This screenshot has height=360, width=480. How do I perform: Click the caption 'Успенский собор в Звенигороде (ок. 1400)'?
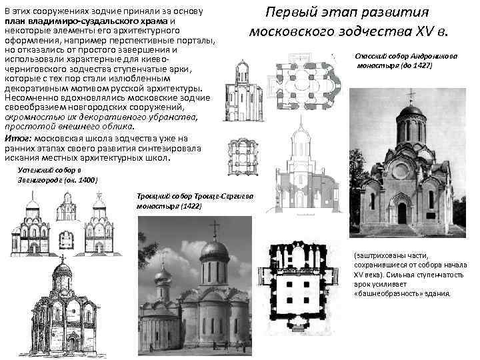tap(56, 175)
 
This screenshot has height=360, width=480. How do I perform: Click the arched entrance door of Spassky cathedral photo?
tap(401, 213)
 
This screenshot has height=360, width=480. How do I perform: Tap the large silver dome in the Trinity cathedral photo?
tap(214, 252)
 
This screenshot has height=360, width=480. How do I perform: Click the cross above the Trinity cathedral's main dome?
tap(215, 227)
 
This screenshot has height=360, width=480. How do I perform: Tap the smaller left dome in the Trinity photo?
tap(163, 276)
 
